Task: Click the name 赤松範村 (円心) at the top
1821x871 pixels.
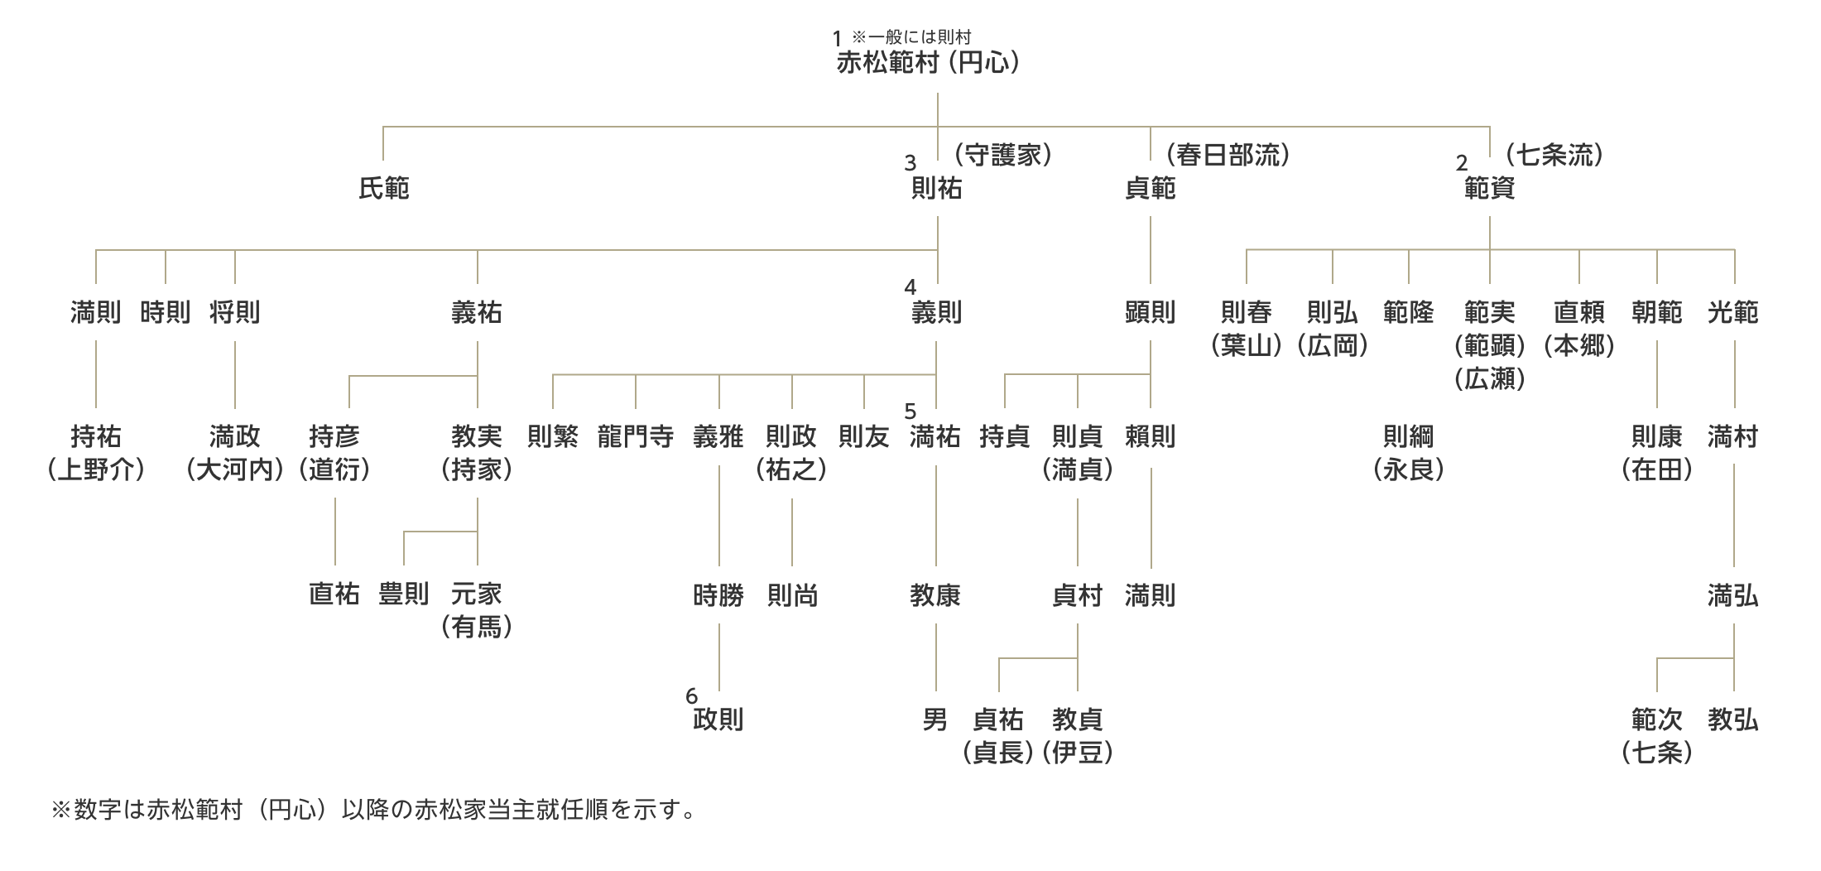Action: point(927,63)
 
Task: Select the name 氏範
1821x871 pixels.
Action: point(383,189)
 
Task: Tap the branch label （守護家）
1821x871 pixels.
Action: point(1002,155)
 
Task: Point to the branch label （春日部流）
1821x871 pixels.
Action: point(1228,155)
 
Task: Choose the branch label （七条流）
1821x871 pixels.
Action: point(1554,155)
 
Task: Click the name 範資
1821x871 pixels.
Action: point(1489,189)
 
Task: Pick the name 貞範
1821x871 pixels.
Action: point(1150,189)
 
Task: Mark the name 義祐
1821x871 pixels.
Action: point(477,313)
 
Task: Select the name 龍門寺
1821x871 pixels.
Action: point(636,437)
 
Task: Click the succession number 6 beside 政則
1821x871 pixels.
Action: point(691,696)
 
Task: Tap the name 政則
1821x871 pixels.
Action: point(718,719)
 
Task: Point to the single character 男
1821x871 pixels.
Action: point(935,719)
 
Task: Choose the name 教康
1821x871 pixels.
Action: point(935,595)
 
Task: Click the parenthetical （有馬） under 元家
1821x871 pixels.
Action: point(477,628)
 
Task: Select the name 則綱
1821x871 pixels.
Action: point(1408,437)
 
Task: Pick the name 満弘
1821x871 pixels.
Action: point(1732,595)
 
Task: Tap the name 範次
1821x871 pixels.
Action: point(1656,719)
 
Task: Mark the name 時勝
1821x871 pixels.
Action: point(718,595)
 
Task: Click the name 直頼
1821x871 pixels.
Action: point(1578,313)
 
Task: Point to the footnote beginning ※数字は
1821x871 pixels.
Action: point(372,810)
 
